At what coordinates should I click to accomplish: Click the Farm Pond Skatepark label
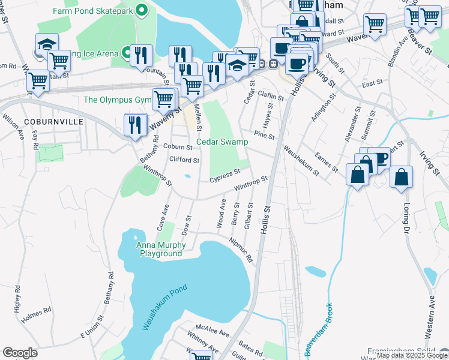coord(92,11)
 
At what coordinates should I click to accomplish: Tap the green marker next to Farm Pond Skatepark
coord(142,10)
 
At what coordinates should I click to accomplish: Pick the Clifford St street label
coord(184,160)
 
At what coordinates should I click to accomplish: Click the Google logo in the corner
coord(20,353)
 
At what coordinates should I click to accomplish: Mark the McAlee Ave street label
coord(216,332)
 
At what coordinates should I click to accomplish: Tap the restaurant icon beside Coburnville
coord(136,125)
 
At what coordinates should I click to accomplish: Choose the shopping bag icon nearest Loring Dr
coord(401,178)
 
